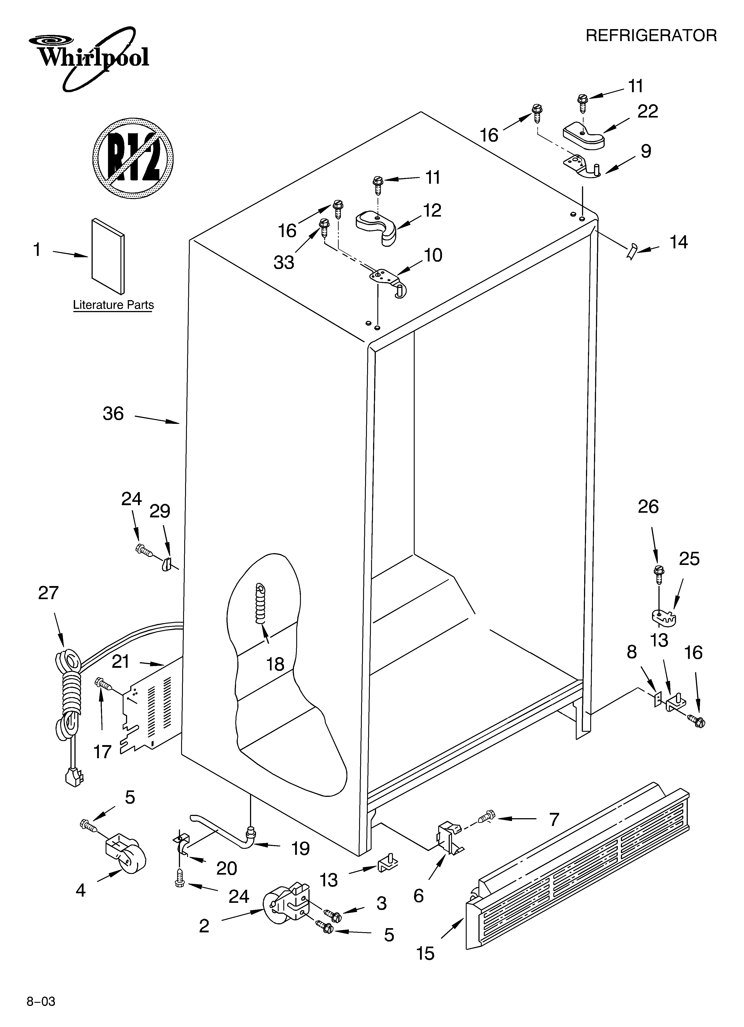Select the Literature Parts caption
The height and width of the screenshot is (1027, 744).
(113, 305)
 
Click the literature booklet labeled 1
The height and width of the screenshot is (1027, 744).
(108, 256)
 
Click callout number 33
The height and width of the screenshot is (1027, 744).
(284, 262)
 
